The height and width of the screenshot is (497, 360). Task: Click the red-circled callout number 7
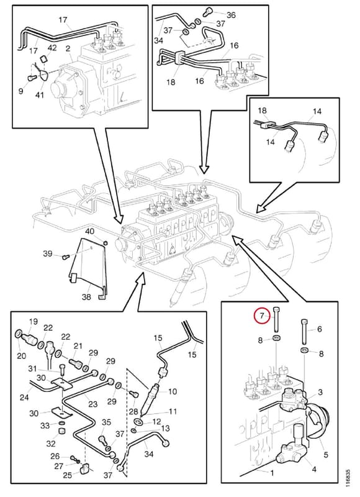point(262,316)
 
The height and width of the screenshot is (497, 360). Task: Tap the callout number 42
point(52,48)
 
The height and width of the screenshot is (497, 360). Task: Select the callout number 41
point(39,94)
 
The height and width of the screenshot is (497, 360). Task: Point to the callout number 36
point(231,15)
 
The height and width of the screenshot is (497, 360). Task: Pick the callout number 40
point(90,231)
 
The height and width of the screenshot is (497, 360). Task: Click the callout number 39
point(48,254)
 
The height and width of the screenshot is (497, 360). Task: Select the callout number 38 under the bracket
point(86,297)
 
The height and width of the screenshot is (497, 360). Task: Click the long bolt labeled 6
point(304,332)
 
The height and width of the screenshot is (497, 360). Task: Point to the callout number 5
point(326,455)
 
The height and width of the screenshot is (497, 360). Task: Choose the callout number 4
point(314,469)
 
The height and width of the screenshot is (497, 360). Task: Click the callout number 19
point(34,321)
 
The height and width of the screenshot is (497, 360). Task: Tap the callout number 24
point(24,397)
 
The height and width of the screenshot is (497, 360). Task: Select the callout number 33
point(45,426)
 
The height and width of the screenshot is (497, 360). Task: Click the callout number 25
point(68,475)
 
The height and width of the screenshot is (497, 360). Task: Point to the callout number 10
point(173,392)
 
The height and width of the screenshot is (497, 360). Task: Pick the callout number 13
point(165,429)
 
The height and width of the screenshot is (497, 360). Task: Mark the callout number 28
point(133,411)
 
